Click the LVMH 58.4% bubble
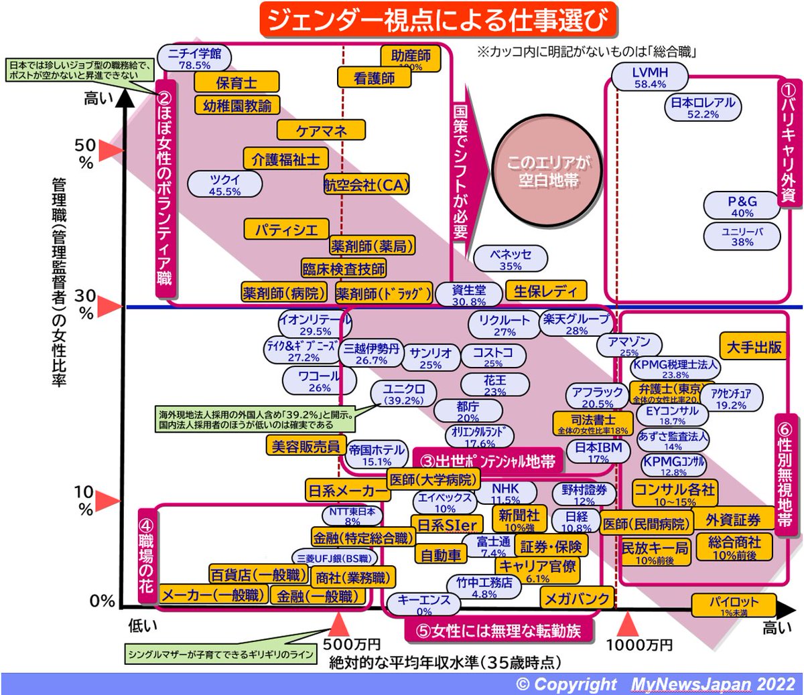pos(650,78)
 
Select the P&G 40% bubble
pos(742,206)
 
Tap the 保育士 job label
pos(237,82)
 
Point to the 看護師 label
pos(375,78)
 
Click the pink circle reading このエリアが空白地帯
pos(548,171)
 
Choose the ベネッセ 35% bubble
pos(511,259)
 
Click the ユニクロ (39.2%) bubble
pos(404,394)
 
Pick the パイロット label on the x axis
pos(734,605)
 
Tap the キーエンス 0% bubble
pos(424,604)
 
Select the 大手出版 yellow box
pos(754,346)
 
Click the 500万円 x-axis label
pos(352,645)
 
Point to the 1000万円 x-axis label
pos(639,645)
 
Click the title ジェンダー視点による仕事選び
pos(438,19)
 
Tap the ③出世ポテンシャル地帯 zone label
pos(488,461)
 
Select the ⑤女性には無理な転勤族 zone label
pos(499,630)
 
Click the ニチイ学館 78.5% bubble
pos(194,58)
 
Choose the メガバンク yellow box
pos(576,599)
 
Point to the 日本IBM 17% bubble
pos(598,451)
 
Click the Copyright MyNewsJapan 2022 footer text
pos(655,684)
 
